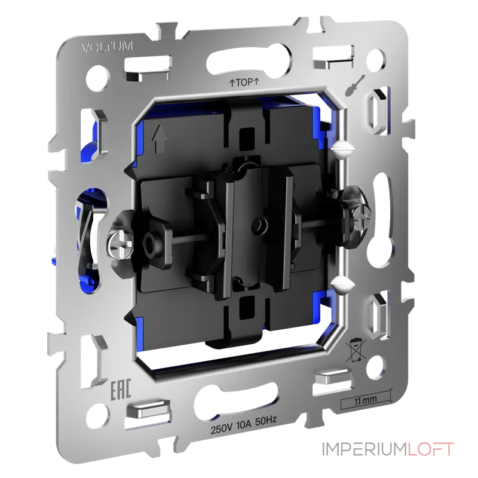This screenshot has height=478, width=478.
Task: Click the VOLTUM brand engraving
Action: (x=108, y=47)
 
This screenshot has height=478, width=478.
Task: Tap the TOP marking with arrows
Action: (x=244, y=82)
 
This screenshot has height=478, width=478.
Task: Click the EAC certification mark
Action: (x=121, y=389)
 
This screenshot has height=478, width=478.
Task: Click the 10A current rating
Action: (x=244, y=425)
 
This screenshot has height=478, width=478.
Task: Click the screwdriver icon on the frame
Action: (x=356, y=84)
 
